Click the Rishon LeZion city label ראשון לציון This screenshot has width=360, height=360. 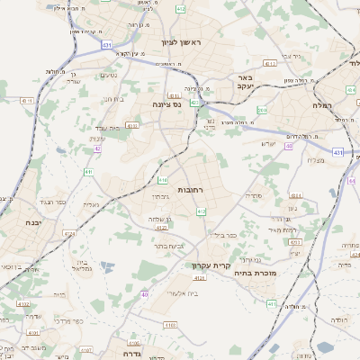point(180,41)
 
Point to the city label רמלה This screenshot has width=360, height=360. point(339,105)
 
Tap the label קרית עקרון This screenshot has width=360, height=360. point(211,265)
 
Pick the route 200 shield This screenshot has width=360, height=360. point(261,110)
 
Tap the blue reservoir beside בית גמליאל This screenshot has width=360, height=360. point(108,266)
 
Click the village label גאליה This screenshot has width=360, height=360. point(91,205)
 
